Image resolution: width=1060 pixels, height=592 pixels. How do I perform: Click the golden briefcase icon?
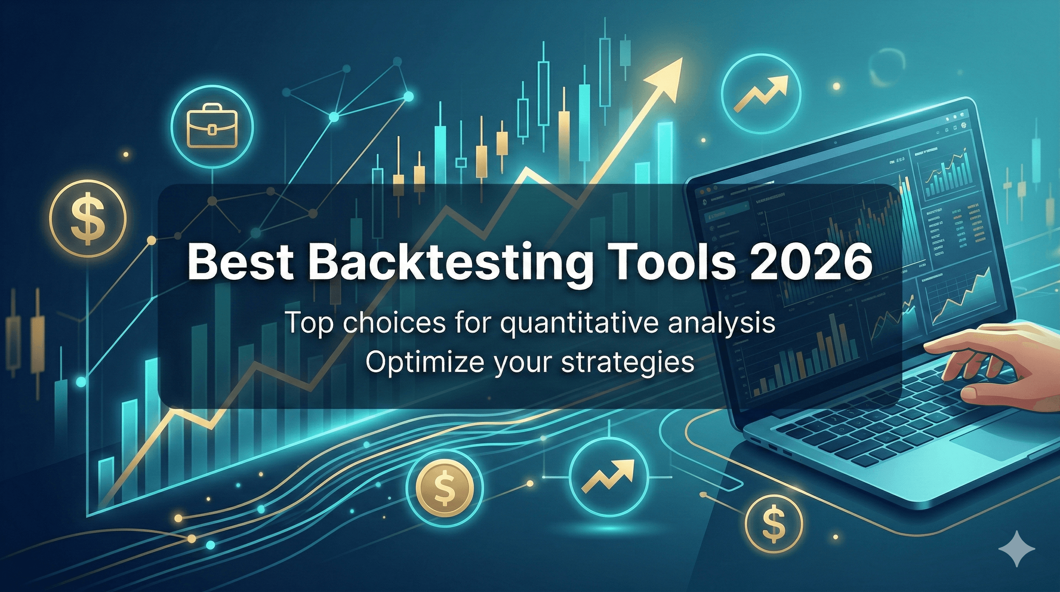coord(212,126)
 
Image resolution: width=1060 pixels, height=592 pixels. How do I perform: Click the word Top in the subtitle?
coord(309,323)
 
